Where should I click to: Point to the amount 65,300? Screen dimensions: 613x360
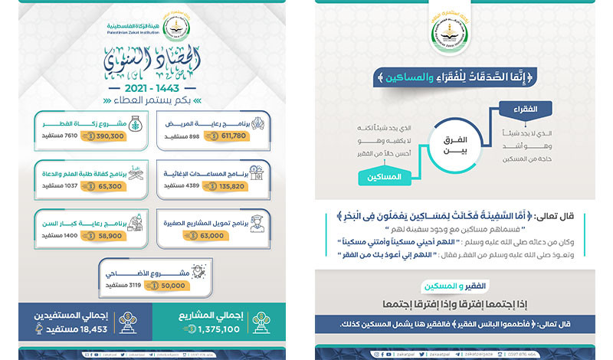(x=109, y=185)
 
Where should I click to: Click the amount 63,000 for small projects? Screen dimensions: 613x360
(x=207, y=236)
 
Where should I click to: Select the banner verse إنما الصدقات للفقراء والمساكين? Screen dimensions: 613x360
(x=460, y=77)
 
